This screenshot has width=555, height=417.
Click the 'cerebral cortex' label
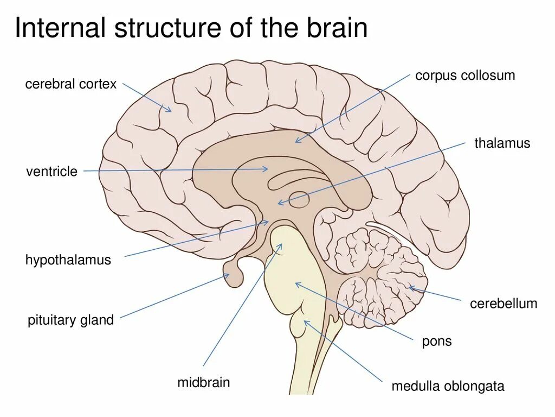[70, 84]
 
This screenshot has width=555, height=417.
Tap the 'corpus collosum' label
[465, 75]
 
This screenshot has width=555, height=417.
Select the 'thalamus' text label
[502, 143]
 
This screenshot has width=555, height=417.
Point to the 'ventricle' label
[51, 172]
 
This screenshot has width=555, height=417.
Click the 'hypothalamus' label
[68, 260]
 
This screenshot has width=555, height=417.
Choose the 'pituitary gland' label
[70, 320]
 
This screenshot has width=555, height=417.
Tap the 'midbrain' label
[203, 382]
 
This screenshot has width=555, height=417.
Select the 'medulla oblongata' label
[448, 386]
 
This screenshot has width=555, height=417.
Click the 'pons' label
[436, 342]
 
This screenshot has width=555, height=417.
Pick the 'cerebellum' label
[504, 303]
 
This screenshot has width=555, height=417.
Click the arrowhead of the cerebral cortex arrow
[170, 111]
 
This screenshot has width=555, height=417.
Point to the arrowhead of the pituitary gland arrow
[228, 275]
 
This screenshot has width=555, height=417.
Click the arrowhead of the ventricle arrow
[267, 169]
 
